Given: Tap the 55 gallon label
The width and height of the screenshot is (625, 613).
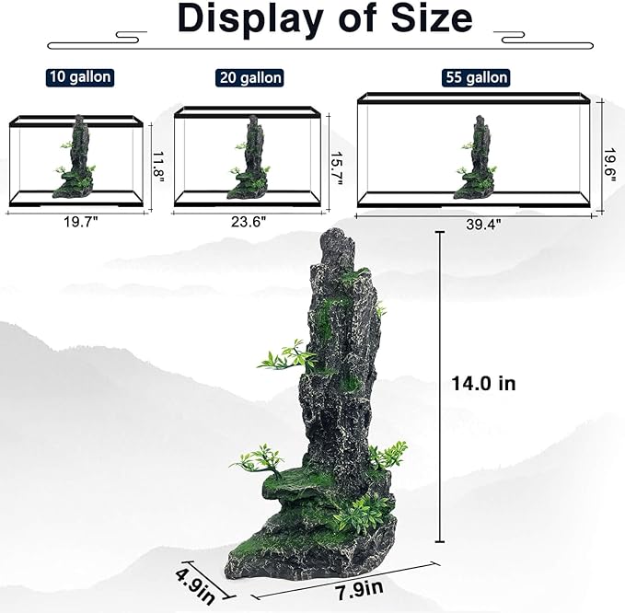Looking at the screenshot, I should [x=473, y=77].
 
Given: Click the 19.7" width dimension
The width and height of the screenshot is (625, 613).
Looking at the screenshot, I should [x=79, y=220].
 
